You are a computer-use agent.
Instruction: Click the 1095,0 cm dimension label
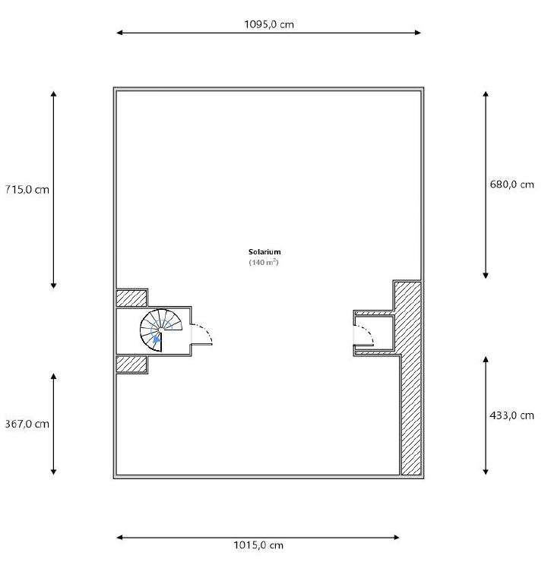point(269,24)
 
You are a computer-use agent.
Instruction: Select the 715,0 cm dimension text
point(27,189)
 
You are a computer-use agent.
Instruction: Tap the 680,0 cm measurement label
point(511,185)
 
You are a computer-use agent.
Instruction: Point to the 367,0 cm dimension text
point(27,424)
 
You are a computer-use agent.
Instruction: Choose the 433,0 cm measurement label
point(511,415)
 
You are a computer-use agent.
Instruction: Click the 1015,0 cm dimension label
point(258,545)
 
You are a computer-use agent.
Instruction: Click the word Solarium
point(264,252)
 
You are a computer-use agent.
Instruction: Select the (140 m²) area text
point(264,262)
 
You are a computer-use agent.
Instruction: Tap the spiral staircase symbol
point(161,330)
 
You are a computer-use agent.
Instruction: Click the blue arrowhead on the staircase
point(157,339)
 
